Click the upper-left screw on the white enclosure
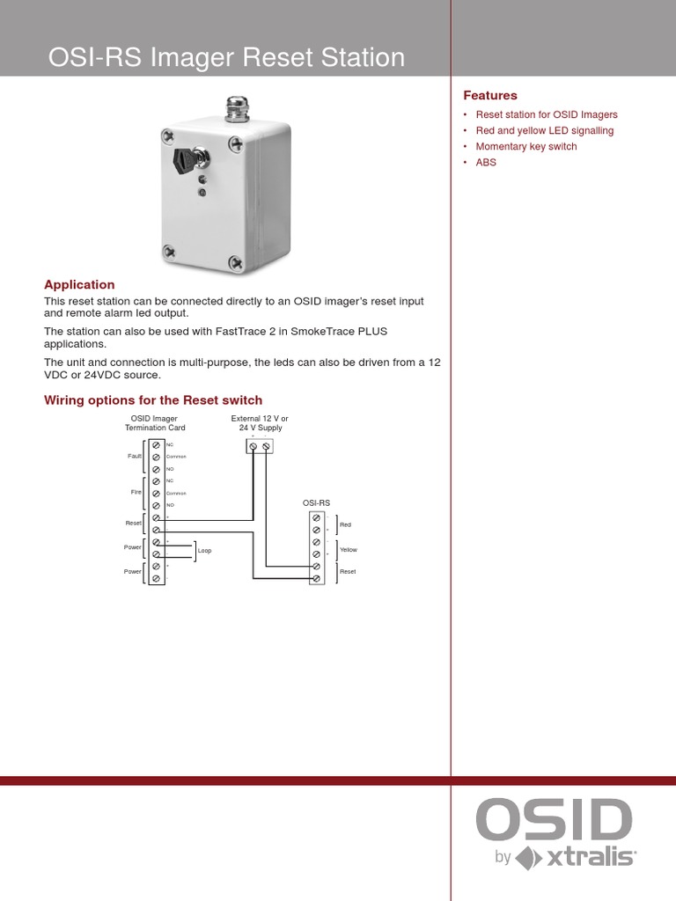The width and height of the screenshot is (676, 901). point(168,136)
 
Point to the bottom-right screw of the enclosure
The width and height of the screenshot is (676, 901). point(236,261)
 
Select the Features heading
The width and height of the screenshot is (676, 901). point(490,95)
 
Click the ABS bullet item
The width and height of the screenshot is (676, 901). point(486,163)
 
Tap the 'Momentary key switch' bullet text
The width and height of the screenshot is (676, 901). point(526,147)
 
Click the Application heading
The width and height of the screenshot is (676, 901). point(80,285)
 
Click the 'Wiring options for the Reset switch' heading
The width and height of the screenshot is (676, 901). point(153,400)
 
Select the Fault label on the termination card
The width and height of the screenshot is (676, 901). point(135,457)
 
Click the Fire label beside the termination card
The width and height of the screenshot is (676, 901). point(136,493)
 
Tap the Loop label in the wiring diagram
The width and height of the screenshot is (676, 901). point(204,551)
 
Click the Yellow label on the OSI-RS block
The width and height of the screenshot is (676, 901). point(349,549)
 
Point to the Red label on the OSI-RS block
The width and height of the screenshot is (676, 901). point(345,524)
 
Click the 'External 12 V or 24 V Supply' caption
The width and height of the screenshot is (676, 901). point(260,423)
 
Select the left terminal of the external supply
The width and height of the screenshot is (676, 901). point(254,447)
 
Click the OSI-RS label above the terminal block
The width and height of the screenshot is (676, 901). point(316,502)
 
